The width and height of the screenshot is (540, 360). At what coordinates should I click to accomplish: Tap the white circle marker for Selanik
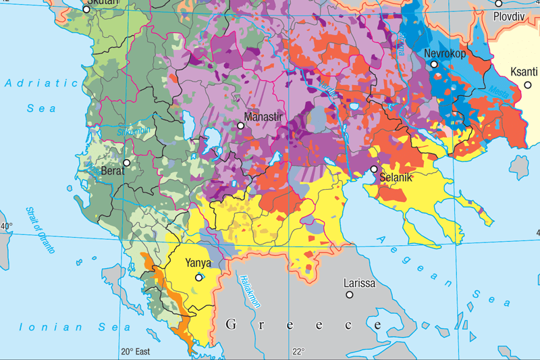tap(374, 169)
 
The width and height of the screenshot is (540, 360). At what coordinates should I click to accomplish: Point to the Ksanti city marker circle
tap(528, 85)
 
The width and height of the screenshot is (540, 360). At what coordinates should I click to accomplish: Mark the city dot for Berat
tap(126, 163)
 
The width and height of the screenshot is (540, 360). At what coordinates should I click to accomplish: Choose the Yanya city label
tap(198, 263)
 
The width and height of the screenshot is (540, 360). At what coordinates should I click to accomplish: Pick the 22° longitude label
tap(298, 351)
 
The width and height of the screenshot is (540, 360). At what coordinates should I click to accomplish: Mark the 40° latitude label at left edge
tap(6, 226)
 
